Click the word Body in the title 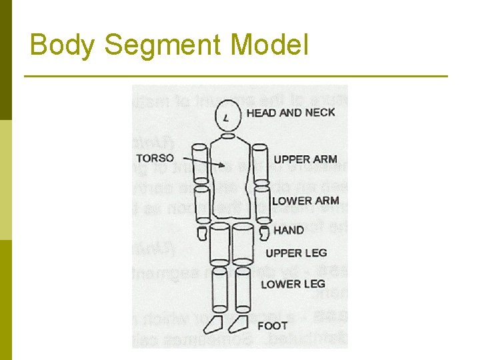tap(63, 45)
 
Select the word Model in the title tap(269, 45)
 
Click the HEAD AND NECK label tap(291, 113)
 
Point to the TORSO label tap(155, 159)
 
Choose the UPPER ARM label tap(305, 159)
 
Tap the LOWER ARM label tap(305, 200)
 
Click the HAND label tap(289, 230)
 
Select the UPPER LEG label tap(296, 253)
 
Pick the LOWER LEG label tap(293, 284)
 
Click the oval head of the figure tap(227, 116)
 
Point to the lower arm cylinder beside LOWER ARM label tap(262, 204)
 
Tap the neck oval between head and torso tap(228, 136)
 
